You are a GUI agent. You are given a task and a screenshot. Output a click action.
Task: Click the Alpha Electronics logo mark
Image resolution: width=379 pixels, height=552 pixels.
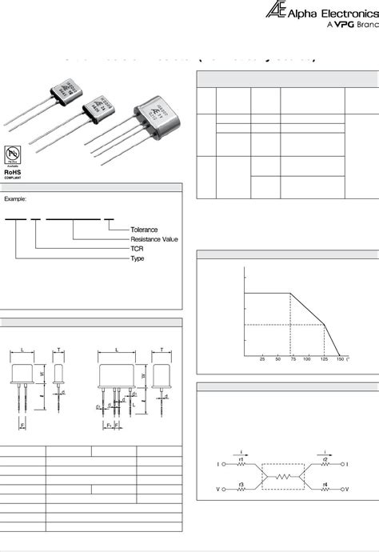pos(275,11)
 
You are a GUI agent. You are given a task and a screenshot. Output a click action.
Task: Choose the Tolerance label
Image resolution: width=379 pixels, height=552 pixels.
pos(145,230)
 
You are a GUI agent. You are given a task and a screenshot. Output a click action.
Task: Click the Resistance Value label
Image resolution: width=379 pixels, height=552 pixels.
pos(154,239)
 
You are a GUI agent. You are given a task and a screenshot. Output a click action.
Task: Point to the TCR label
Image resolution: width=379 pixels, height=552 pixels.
pos(138,249)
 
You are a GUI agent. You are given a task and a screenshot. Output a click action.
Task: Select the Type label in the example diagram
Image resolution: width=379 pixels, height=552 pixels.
pos(138,258)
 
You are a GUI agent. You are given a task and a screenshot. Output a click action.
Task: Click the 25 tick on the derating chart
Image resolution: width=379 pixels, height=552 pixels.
pos(262,359)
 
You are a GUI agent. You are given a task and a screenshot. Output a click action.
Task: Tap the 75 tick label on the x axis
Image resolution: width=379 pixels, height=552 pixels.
pos(293,359)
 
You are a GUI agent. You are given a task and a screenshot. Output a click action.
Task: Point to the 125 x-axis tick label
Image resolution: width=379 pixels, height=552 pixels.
pos(325,359)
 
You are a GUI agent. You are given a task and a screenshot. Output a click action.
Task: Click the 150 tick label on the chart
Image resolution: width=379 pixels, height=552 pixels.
pos(340,359)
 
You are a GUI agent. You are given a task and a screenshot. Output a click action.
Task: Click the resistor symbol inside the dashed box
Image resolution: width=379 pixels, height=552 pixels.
pos(284,474)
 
